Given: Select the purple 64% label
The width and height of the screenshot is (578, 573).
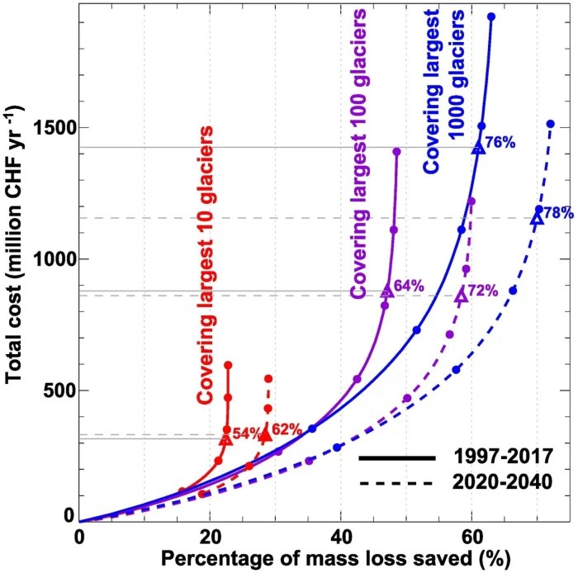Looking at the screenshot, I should pos(409,286).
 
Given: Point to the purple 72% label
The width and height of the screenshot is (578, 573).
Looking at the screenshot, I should pos(482,291).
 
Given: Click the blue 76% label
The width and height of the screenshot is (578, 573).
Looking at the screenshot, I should pos(500,143).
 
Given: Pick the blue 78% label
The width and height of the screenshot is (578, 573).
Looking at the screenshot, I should pos(558,213).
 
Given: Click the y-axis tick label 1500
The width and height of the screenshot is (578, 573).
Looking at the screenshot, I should pos(53,128).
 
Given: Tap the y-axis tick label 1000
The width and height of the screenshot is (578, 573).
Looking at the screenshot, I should pos(53,258).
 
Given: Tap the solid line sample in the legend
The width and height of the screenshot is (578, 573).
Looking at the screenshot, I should pos(396,457).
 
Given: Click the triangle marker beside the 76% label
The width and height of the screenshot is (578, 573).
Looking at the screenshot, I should pos(477,148).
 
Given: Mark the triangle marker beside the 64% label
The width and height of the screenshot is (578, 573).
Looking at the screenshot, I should pos(386,291).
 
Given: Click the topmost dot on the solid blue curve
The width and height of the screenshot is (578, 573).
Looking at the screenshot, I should pos(491,17).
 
